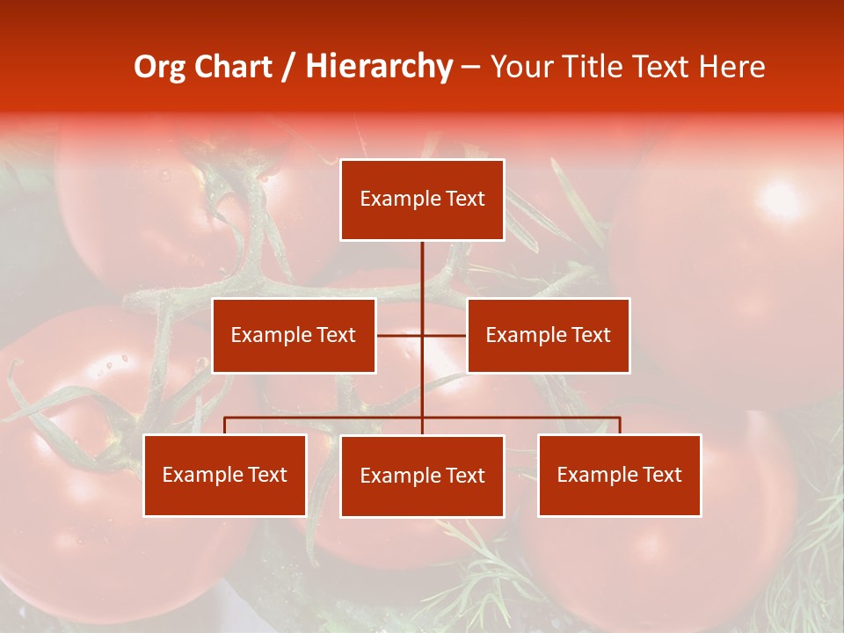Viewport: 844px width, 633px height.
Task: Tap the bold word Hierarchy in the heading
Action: [379, 67]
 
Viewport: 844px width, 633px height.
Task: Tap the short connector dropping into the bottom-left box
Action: [225, 426]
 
